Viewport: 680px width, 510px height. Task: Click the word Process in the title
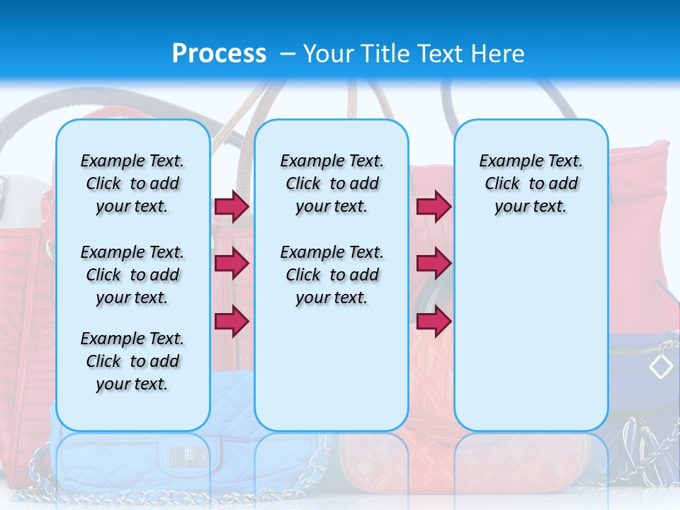coord(219,53)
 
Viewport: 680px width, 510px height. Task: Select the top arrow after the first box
coord(232,206)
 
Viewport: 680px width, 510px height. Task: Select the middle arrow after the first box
coord(232,263)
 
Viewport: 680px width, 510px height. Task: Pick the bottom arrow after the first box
coord(232,321)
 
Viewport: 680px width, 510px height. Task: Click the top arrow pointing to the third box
coord(433,206)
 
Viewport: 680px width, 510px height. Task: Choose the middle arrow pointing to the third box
coord(433,263)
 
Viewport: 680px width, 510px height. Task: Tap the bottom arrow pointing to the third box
coord(433,321)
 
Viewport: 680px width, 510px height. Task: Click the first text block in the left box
coord(132,183)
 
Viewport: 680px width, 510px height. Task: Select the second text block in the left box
coord(132,275)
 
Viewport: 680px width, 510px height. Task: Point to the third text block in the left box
coord(132,361)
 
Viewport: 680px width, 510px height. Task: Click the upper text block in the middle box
coord(331,183)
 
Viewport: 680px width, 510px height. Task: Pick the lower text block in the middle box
coord(331,275)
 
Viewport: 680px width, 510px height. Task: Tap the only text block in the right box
coord(531,183)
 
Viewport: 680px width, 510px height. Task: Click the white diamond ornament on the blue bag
coord(661,366)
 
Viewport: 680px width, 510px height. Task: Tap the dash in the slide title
coord(288,54)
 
